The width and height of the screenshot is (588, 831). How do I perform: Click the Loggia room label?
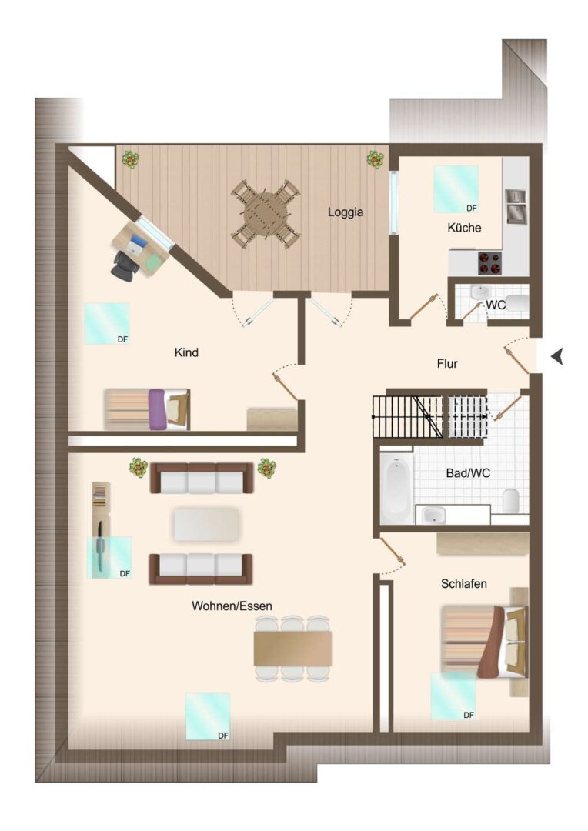coord(345,212)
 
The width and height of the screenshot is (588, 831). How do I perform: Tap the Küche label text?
coord(464,228)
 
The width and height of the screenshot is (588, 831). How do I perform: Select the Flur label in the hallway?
coord(447,363)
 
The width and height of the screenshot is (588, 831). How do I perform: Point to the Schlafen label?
coord(464,583)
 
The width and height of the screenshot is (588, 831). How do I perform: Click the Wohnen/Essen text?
coord(232,606)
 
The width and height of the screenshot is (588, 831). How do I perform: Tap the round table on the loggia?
coord(266,214)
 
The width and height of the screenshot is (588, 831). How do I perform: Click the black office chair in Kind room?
coord(125,263)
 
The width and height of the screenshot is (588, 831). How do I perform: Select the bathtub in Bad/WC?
coord(396,488)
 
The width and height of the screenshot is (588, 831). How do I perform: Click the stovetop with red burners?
coord(490,263)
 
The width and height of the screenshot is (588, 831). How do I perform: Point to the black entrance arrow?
coord(556,357)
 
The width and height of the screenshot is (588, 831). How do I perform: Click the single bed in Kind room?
coord(147,409)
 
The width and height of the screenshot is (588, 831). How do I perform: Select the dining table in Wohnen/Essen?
coord(293,648)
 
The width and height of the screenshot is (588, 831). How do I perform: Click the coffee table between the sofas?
coord(207,525)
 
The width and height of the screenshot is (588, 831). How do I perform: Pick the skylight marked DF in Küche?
coord(456,189)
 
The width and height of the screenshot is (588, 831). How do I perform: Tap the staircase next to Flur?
coord(430,416)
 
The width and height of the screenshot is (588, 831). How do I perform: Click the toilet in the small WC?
coord(517,304)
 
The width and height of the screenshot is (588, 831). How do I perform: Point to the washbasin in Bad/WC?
coord(434,514)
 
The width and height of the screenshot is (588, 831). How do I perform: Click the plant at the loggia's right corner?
coord(376,159)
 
